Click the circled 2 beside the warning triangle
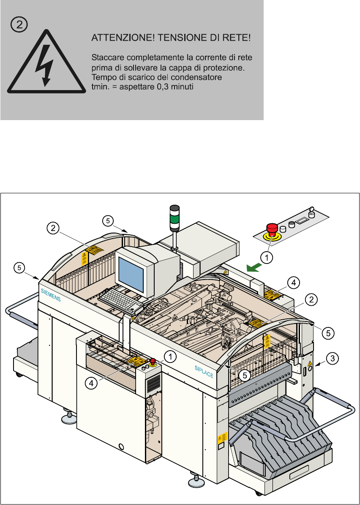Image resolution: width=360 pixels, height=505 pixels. pos(19,25)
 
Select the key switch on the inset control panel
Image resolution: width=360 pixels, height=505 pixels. pos(312,210)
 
